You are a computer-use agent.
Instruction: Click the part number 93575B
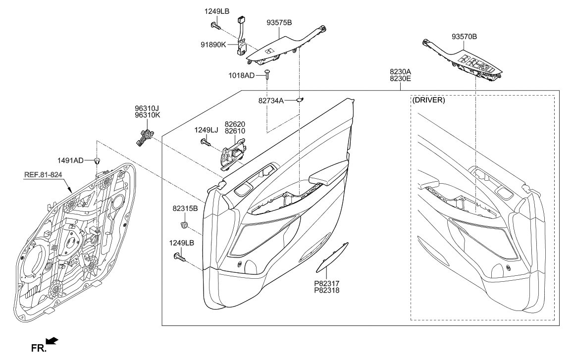(x=279, y=23)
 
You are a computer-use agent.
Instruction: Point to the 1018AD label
(x=242, y=75)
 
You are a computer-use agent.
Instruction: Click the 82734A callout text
(x=271, y=101)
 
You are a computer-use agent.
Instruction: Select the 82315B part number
(x=185, y=209)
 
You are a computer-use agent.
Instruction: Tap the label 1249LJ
(x=206, y=130)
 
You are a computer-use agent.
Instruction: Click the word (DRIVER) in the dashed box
(x=429, y=101)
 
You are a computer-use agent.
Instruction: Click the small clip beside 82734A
(x=300, y=101)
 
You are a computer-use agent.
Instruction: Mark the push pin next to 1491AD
(x=98, y=160)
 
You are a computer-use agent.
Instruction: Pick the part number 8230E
(x=400, y=78)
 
